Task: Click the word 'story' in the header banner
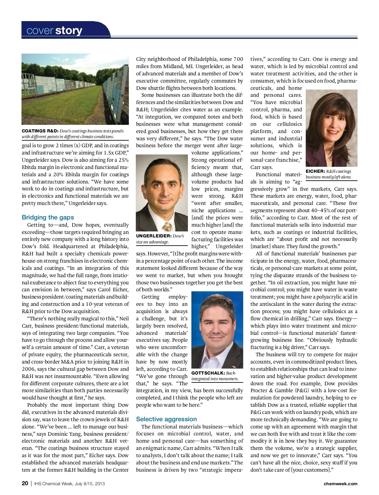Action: [69, 31]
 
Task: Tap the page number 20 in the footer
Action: [25, 483]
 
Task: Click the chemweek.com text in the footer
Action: [340, 484]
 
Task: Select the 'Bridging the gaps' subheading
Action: [48, 217]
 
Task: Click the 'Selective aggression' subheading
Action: [166, 419]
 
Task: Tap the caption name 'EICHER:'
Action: [315, 171]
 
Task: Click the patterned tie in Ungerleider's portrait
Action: [167, 226]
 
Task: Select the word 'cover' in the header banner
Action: [40, 31]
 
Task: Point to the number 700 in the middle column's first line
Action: [238, 59]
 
